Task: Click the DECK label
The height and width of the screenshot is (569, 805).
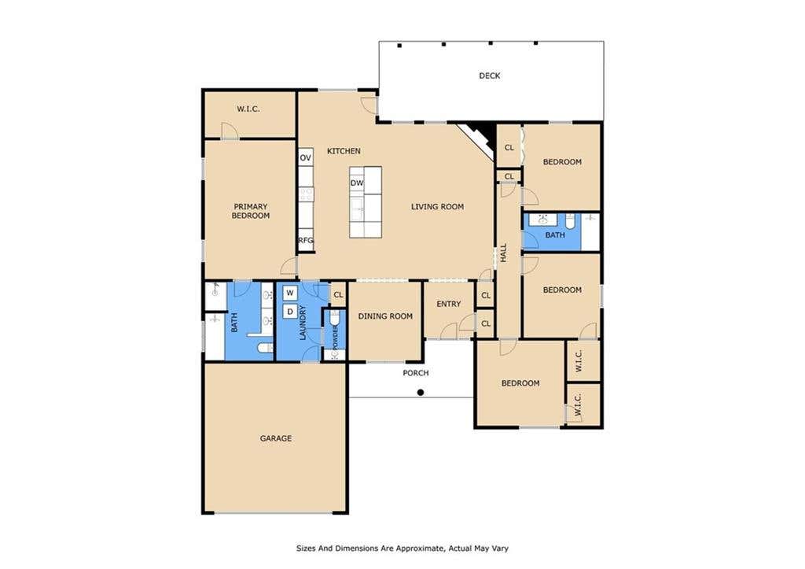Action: point(489,76)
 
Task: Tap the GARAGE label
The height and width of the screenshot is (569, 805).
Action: point(276,438)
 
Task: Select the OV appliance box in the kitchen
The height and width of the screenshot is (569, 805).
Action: point(306,157)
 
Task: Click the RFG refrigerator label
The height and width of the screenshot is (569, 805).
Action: point(306,240)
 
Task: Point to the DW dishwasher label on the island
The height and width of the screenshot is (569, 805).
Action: point(357,183)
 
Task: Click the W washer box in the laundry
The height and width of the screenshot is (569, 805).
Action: point(290,293)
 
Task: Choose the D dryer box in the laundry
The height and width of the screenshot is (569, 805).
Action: point(290,312)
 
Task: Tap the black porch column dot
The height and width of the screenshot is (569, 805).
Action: point(421,393)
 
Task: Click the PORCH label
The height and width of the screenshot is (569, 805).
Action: point(415,373)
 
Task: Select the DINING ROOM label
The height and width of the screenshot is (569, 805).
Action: point(385,316)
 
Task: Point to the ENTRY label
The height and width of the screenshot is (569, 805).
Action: point(449,304)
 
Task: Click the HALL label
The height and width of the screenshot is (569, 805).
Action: point(504,253)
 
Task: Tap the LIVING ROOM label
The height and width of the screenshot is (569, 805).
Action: point(437,207)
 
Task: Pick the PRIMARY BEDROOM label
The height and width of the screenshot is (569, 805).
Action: point(251,211)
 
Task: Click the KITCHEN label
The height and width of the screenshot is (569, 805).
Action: point(344,151)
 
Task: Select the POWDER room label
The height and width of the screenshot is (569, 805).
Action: point(335,336)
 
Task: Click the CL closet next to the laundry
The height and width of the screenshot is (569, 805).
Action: point(338,295)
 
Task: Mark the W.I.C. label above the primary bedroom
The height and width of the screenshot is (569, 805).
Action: point(248,109)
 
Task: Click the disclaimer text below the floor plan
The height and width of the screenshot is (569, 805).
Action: point(402,549)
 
